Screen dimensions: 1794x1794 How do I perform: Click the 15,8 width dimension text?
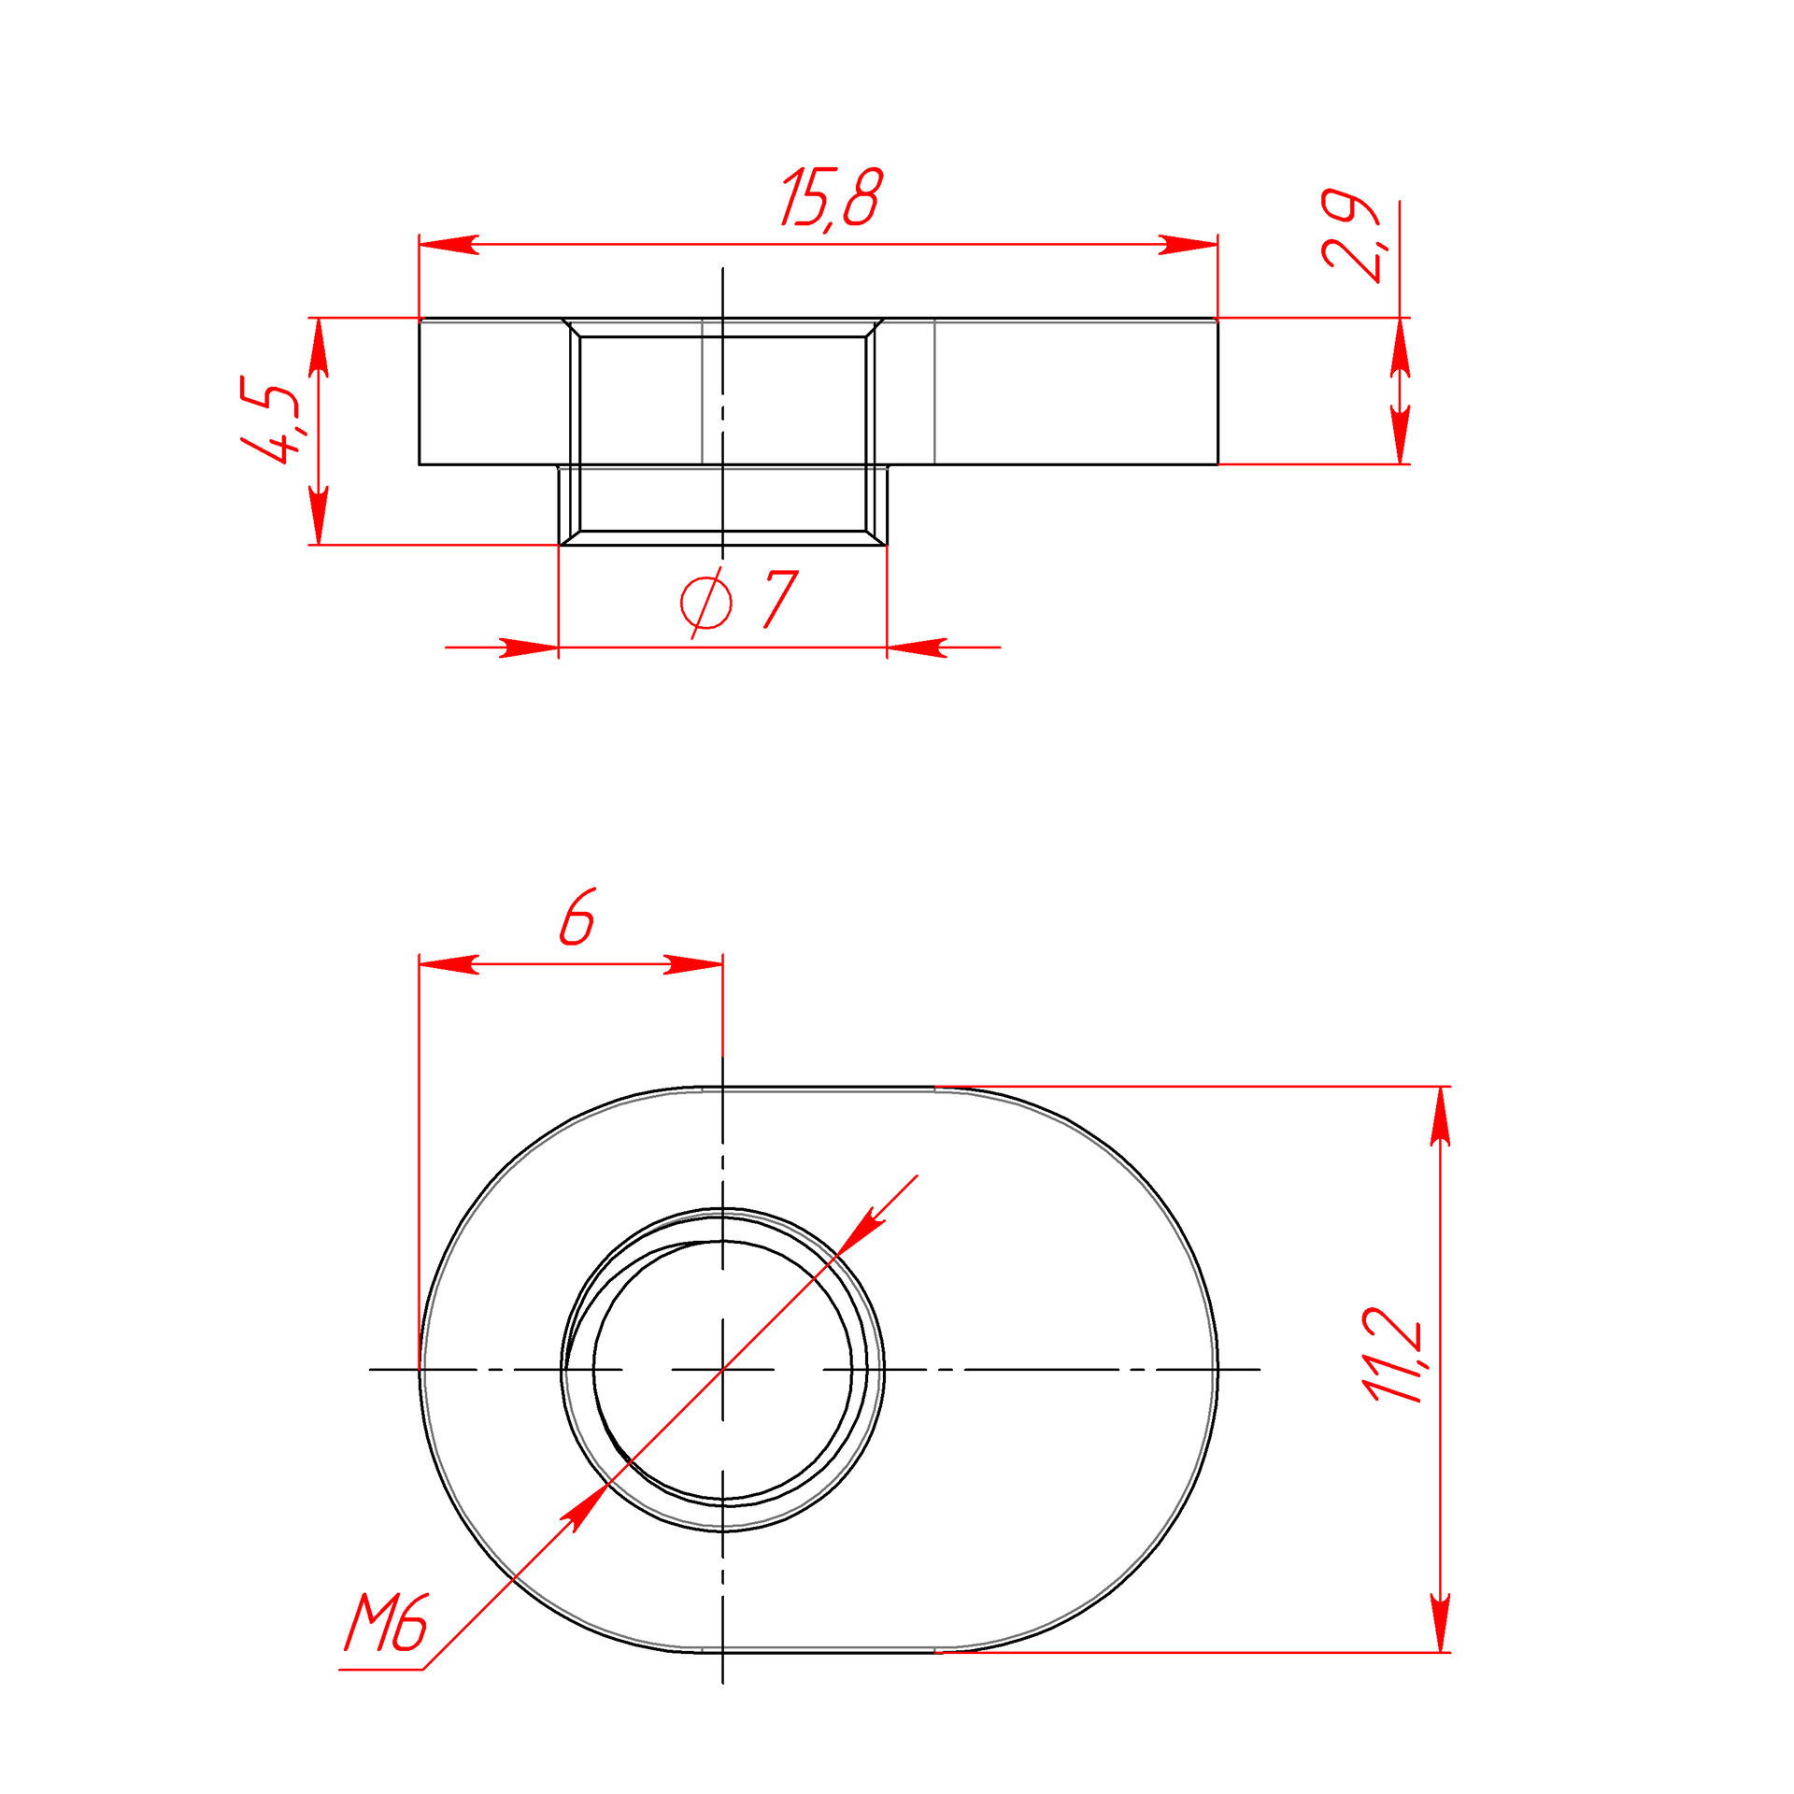coord(832,198)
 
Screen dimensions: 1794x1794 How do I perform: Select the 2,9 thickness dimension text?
coord(1351,235)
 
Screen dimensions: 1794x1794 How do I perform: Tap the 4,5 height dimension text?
coord(271,420)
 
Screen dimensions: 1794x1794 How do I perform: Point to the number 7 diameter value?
coord(781,599)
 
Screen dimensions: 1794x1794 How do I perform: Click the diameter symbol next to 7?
coord(706,603)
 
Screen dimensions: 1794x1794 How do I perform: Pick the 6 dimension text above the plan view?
coord(577,917)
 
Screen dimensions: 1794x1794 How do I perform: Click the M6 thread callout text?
coord(386,1622)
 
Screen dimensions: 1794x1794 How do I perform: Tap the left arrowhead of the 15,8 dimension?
coord(448,245)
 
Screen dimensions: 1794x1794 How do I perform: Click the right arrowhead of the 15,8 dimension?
coord(1189,245)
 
